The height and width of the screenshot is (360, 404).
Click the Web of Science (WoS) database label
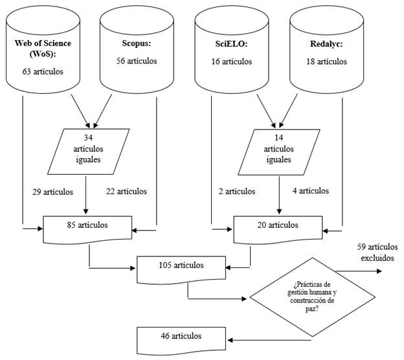click(x=43, y=49)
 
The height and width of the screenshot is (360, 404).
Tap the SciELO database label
click(x=232, y=44)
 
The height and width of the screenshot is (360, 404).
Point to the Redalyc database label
click(x=326, y=44)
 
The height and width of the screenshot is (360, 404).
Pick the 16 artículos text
click(x=231, y=62)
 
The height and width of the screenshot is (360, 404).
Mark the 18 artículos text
click(x=326, y=62)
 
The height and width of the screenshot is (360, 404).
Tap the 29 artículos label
click(x=53, y=192)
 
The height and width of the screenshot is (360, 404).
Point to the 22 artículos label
click(x=126, y=192)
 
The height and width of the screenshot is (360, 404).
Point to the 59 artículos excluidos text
click(x=377, y=253)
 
